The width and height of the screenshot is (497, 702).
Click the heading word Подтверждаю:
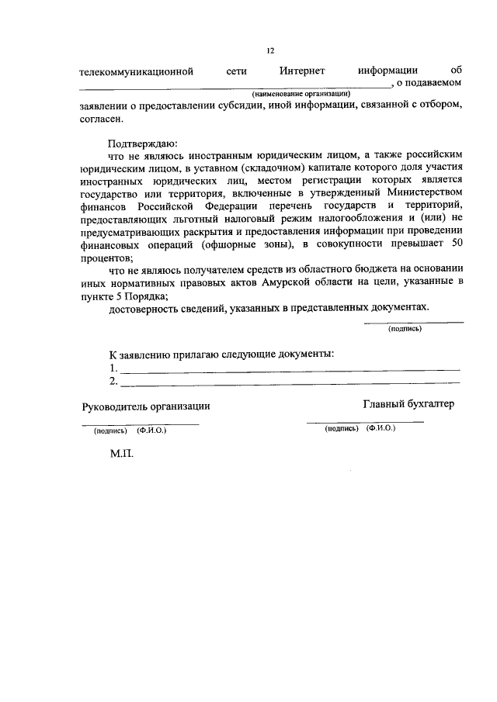tap(143, 144)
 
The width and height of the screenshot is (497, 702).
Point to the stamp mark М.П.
tap(122, 455)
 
